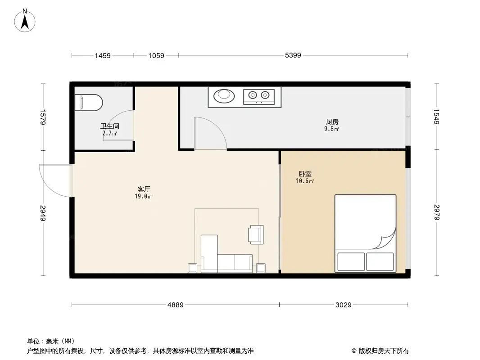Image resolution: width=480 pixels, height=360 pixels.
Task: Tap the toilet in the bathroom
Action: click(x=89, y=102)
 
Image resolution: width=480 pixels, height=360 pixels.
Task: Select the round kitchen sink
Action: click(x=224, y=95)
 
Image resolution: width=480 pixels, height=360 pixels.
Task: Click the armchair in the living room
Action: click(x=255, y=234)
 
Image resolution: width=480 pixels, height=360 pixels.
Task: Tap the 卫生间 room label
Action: click(x=109, y=126)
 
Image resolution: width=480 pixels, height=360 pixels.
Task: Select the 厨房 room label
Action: click(x=332, y=121)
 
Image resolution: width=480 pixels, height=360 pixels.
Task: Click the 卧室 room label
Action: click(x=305, y=174)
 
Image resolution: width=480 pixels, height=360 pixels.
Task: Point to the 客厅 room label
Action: click(x=144, y=189)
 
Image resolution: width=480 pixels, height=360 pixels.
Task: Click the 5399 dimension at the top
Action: click(x=293, y=55)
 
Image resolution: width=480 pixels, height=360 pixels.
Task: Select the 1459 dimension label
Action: click(x=102, y=55)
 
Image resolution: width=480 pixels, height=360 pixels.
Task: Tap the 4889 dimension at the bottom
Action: click(x=176, y=305)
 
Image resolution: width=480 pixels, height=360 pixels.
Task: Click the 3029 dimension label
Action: click(x=343, y=305)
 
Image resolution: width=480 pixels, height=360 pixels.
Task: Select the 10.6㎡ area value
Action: click(x=305, y=181)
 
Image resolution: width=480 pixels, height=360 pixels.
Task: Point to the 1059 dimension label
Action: click(x=156, y=55)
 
